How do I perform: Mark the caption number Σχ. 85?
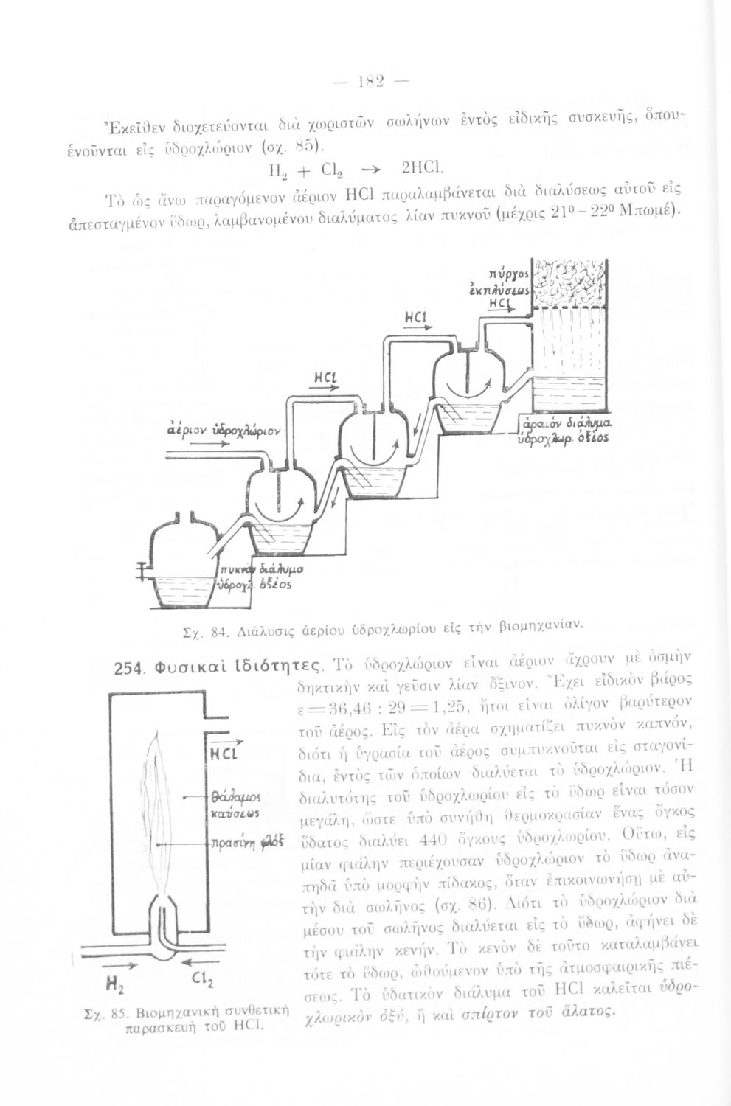click(x=113, y=1014)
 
